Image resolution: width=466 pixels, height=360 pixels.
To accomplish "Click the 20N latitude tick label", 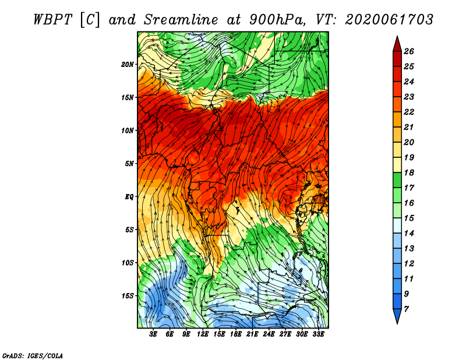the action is (128, 65).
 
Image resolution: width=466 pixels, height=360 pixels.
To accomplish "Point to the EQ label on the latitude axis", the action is (129, 197).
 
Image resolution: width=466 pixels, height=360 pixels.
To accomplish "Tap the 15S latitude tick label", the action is (128, 296).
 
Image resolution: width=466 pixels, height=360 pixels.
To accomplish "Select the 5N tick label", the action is (129, 164).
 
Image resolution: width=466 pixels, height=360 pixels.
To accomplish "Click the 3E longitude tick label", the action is (153, 334).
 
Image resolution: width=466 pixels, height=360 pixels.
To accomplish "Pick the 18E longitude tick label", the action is (236, 334).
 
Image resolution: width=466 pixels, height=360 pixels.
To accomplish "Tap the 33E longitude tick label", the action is (318, 334).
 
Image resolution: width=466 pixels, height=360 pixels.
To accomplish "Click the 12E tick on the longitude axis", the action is (202, 334).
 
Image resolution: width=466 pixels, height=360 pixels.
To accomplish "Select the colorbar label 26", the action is (409, 51).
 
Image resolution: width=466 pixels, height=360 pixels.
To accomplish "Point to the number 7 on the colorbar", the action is (406, 309).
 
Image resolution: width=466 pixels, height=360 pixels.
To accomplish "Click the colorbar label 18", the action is (409, 172).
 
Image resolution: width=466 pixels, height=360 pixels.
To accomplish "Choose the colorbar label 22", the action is (409, 112).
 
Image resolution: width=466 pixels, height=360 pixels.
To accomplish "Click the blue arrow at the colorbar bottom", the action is (397, 315).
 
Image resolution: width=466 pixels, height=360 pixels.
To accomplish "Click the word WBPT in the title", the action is (52, 20).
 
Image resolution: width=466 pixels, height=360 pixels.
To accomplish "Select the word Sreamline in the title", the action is (181, 20).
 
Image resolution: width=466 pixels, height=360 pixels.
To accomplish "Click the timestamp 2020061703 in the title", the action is (389, 20).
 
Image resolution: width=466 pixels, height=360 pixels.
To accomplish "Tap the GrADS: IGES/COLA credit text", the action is (33, 356).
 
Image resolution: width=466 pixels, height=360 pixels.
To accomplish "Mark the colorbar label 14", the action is (409, 234).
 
